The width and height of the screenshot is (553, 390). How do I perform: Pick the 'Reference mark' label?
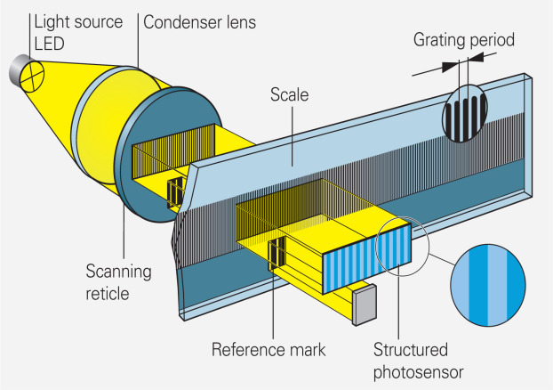pyautogui.click(x=266, y=348)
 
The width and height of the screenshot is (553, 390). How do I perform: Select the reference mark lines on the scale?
pyautogui.click(x=276, y=252)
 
